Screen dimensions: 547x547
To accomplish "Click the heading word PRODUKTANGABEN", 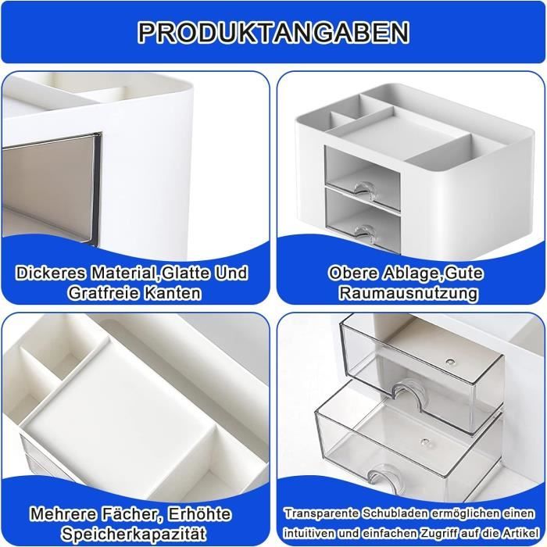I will coord(273,32).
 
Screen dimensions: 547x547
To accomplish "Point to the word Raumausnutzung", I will coord(409,294).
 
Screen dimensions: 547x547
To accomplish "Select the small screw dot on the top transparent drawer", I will coord(450,362).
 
